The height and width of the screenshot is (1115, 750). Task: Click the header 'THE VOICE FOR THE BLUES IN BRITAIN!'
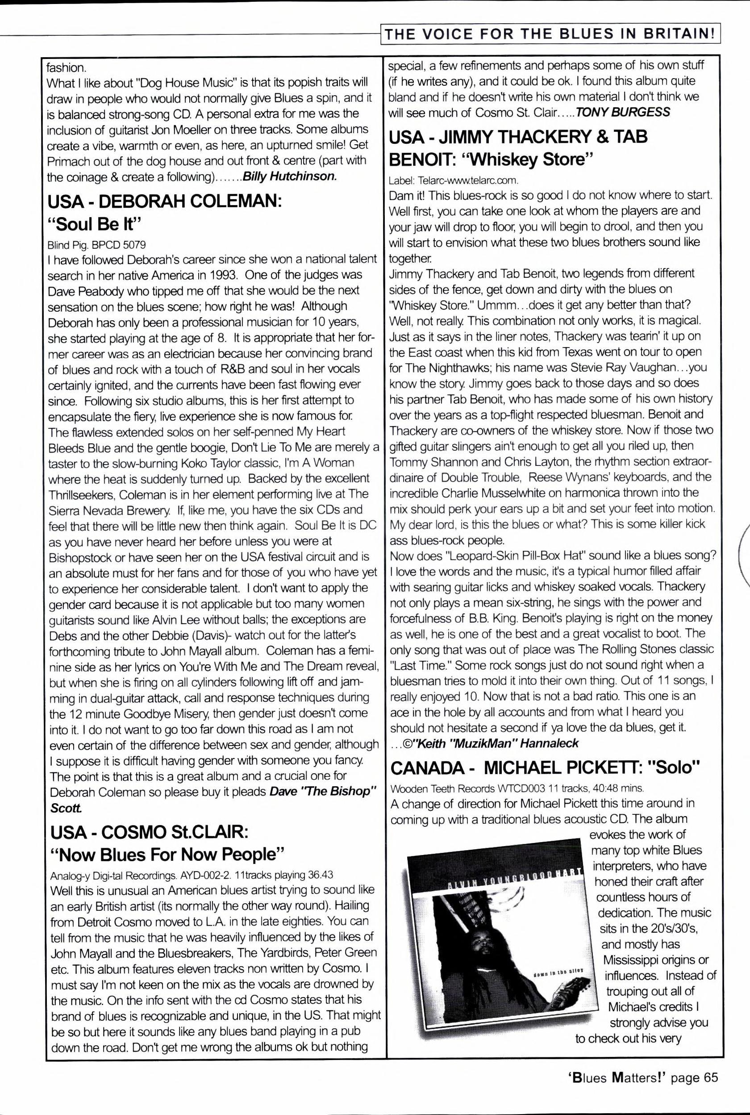[550, 34]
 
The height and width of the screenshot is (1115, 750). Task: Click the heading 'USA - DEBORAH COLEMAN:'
[165, 201]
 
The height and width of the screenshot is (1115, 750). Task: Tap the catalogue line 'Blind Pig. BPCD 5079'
[96, 245]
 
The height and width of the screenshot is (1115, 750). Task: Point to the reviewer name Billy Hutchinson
[290, 176]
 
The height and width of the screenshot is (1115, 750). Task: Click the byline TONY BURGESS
[623, 113]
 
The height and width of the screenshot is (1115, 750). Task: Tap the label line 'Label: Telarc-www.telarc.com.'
[454, 180]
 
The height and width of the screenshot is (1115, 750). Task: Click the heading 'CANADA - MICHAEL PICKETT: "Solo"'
[545, 767]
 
